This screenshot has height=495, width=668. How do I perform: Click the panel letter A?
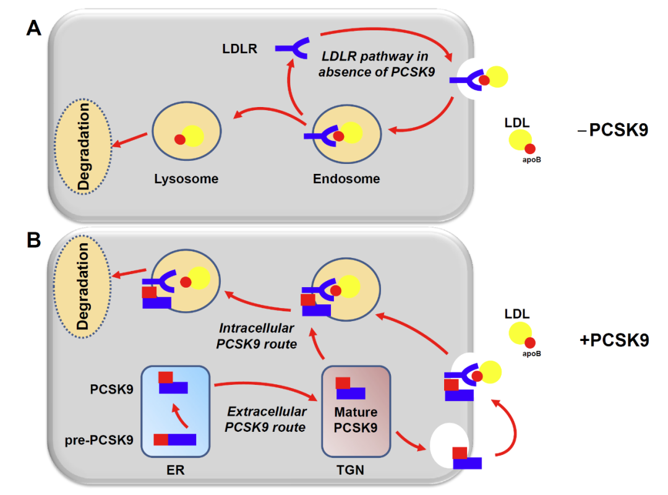tap(34, 28)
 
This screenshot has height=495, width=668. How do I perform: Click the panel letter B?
tap(34, 240)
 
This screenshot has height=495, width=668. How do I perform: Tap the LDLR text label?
tap(240, 48)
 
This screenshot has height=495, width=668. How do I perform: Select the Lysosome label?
tap(186, 179)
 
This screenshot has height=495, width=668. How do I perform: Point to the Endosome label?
tap(346, 179)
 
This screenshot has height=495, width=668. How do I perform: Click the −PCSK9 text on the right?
tap(614, 131)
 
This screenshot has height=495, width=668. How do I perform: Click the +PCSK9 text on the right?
tap(614, 340)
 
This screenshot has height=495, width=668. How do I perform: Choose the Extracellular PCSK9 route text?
tap(266, 419)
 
